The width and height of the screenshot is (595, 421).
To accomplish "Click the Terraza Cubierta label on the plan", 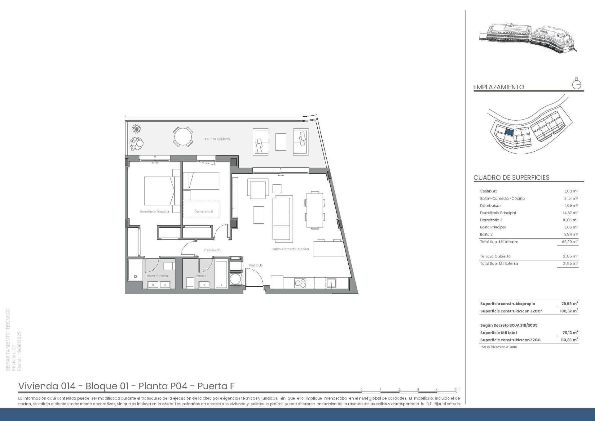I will pyautogui.click(x=217, y=139).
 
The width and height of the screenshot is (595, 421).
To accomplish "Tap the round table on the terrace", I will pyautogui.click(x=183, y=137).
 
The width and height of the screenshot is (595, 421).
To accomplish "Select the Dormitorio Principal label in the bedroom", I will pyautogui.click(x=154, y=212).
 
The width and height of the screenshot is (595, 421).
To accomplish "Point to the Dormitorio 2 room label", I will pyautogui.click(x=204, y=212).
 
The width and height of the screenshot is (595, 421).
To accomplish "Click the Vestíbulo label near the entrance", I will pyautogui.click(x=255, y=265).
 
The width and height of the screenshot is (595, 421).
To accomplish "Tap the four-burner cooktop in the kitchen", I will pyautogui.click(x=300, y=283).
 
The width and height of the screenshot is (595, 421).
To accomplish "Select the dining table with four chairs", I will pyautogui.click(x=315, y=210).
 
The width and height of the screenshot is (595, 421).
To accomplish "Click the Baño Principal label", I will pyautogui.click(x=158, y=276).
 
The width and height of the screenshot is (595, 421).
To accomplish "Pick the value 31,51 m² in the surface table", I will pyautogui.click(x=571, y=199).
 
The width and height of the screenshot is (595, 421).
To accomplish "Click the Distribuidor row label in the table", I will pyautogui.click(x=490, y=206).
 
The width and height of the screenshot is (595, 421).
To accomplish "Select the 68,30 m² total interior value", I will pyautogui.click(x=571, y=242).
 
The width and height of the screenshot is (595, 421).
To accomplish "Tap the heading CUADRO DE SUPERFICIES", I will pyautogui.click(x=511, y=178).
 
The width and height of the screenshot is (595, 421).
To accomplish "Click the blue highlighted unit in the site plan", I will pyautogui.click(x=509, y=132).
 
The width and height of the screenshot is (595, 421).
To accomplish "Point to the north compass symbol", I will pyautogui.click(x=576, y=84).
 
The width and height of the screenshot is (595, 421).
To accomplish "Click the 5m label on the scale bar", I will pyautogui.click(x=457, y=389).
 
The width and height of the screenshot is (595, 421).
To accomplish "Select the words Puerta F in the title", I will pyautogui.click(x=216, y=386).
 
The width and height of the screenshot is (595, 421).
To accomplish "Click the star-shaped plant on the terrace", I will pyautogui.click(x=137, y=128).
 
